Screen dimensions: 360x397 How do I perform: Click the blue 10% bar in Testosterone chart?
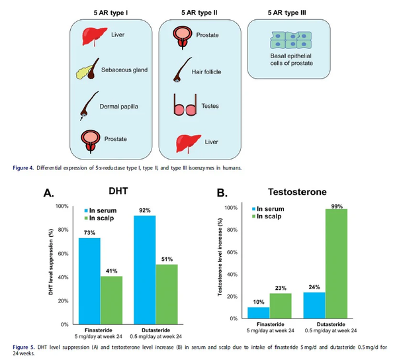(x=259, y=312)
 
